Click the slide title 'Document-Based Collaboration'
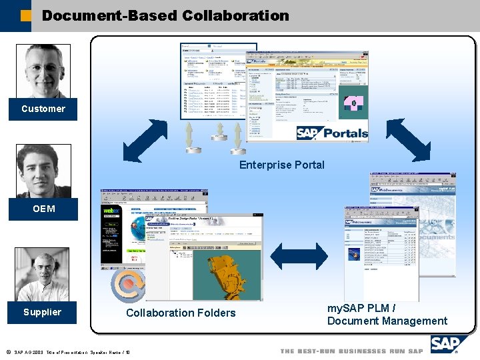tap(165, 15)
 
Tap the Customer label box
tap(43, 109)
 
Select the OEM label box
tap(43, 209)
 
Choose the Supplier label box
tap(42, 312)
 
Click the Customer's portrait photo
tap(43, 71)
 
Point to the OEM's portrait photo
tap(43, 171)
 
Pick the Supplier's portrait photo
tap(42, 274)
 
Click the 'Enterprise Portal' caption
tap(281, 165)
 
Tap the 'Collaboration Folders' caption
tap(181, 313)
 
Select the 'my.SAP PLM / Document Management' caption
tap(387, 315)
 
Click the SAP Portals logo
tap(332, 133)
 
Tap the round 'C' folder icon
tap(128, 284)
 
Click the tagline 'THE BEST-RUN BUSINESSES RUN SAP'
tap(351, 351)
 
